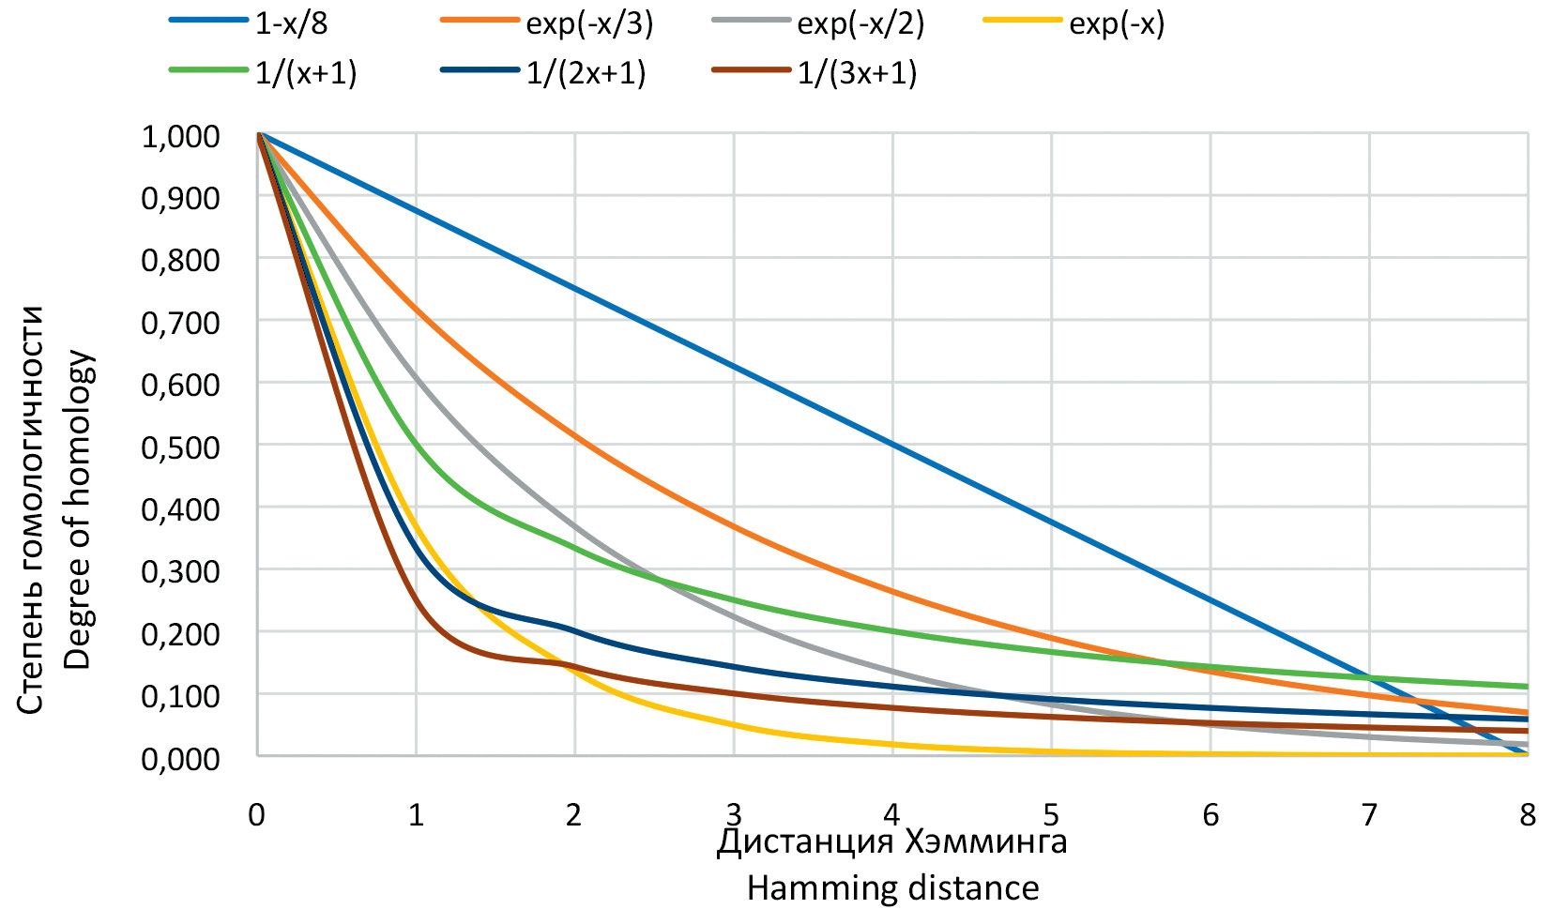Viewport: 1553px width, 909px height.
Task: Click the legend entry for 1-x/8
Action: pyautogui.click(x=291, y=23)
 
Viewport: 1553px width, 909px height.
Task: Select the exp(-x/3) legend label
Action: pyautogui.click(x=588, y=23)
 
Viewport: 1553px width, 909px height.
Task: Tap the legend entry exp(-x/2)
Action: pyautogui.click(x=860, y=23)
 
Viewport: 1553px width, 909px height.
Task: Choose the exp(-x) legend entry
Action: pyautogui.click(x=1116, y=23)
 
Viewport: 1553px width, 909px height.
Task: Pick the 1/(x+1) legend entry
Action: pyautogui.click(x=305, y=72)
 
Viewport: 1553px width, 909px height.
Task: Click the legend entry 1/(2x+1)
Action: pyautogui.click(x=586, y=72)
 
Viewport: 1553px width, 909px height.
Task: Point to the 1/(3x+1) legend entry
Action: pyautogui.click(x=857, y=72)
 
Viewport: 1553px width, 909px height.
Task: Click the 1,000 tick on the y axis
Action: pyautogui.click(x=180, y=136)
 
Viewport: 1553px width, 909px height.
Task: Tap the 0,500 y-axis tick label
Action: pyautogui.click(x=180, y=447)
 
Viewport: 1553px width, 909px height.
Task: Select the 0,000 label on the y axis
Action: pyautogui.click(x=180, y=757)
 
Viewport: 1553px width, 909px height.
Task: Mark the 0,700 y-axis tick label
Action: pyautogui.click(x=180, y=323)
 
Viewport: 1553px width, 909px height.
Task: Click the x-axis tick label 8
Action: pyautogui.click(x=1528, y=814)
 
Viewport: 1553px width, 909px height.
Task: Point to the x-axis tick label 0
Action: pyautogui.click(x=256, y=814)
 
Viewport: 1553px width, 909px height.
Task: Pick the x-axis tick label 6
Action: pyautogui.click(x=1210, y=814)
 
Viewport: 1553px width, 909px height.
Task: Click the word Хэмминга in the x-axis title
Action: pyautogui.click(x=986, y=841)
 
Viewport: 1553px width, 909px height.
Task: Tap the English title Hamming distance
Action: pyautogui.click(x=892, y=887)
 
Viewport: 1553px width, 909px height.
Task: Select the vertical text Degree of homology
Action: pyautogui.click(x=77, y=509)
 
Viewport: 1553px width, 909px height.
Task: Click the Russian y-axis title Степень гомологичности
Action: pyautogui.click(x=30, y=509)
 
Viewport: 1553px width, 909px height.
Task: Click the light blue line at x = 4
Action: pyautogui.click(x=892, y=445)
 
